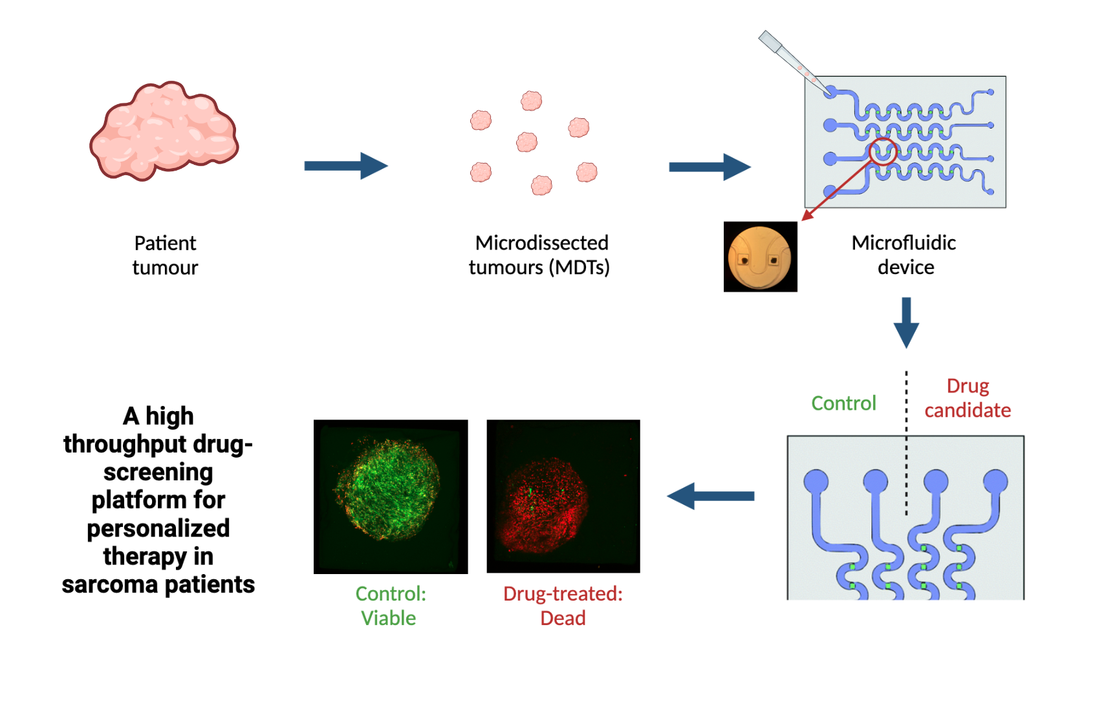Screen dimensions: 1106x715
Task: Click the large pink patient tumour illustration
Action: point(164,131)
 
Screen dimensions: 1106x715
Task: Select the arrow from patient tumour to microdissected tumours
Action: point(346,165)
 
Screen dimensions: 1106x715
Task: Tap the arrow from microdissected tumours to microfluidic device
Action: point(710,167)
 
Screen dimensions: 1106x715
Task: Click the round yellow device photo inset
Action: point(761,257)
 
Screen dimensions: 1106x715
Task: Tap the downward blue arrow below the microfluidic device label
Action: point(907,323)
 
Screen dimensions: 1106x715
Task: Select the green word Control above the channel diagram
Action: point(844,403)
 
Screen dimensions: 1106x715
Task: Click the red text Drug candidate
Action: point(968,398)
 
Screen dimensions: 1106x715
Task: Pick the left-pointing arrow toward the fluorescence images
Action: point(711,496)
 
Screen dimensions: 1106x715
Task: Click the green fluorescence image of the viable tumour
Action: point(391,496)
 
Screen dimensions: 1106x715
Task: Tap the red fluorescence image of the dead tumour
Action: point(563,496)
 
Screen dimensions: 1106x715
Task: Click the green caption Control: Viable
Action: point(390,606)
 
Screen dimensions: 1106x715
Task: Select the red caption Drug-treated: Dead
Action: point(563,606)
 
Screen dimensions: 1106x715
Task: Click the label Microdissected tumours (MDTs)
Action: point(539,255)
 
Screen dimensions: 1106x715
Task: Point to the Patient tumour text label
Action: point(165,255)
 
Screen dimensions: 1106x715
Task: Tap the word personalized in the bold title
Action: point(158,528)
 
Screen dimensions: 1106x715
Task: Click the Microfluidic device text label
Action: point(905,255)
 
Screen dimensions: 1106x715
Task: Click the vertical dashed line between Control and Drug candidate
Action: point(907,443)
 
